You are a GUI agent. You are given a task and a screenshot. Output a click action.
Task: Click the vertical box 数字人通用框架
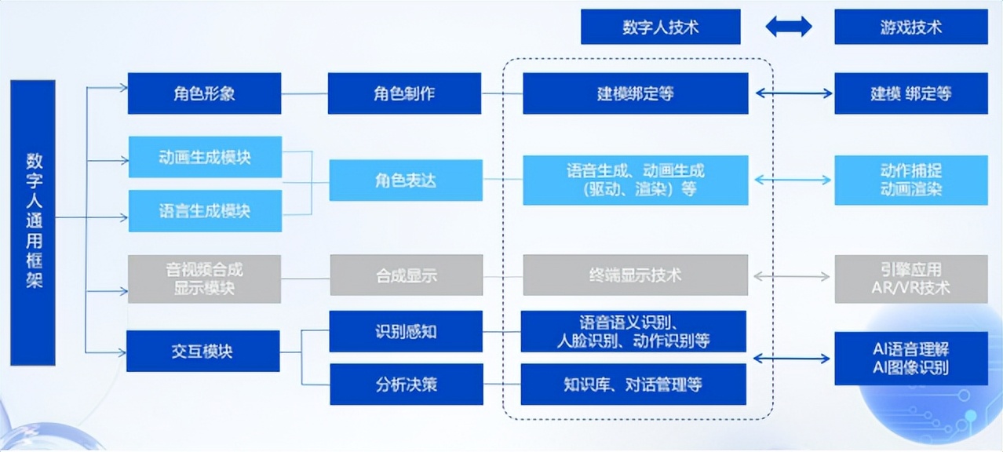click(33, 222)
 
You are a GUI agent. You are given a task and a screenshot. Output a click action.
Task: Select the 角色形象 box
click(204, 93)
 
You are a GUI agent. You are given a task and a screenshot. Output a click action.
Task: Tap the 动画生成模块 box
click(204, 156)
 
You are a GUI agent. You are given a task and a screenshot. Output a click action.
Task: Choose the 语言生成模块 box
click(204, 210)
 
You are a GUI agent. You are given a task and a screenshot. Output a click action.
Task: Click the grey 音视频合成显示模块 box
click(204, 279)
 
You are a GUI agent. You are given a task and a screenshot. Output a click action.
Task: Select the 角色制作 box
click(404, 93)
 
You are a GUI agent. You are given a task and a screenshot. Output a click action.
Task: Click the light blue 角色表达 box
click(405, 180)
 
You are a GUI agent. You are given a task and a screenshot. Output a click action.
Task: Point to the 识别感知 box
click(406, 331)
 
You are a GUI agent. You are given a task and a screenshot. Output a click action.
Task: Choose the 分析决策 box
click(406, 385)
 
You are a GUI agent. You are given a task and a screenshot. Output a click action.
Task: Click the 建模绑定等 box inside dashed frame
click(636, 93)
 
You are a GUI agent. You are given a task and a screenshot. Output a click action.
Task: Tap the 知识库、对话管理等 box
click(633, 385)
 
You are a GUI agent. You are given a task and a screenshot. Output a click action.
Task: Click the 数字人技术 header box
click(660, 27)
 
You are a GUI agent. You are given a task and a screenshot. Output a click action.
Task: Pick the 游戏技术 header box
click(910, 27)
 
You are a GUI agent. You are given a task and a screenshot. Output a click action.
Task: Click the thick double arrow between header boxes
click(788, 27)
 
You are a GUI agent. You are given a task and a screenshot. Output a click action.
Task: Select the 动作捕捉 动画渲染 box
click(910, 180)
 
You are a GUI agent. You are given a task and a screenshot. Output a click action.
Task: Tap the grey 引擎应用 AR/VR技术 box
click(910, 279)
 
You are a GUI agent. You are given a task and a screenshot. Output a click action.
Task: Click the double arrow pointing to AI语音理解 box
click(792, 359)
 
